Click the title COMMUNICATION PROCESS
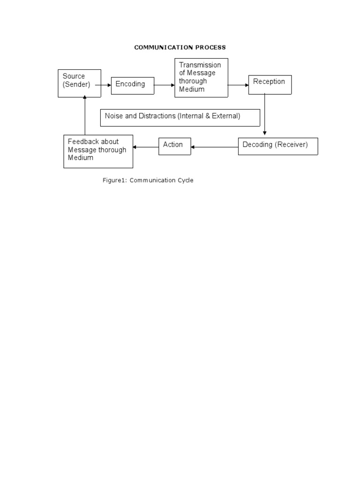pos(180,47)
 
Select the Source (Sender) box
pos(80,83)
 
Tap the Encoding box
pos(133,86)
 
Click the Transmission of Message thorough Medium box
pos(202,78)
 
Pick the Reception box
pos(270,85)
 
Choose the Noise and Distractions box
pos(180,118)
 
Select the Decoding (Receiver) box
pos(278,146)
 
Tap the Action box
pos(175,146)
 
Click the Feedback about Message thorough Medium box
pos(98,151)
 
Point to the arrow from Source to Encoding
pos(103,85)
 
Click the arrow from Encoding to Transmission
pos(165,85)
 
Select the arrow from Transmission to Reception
pos(238,85)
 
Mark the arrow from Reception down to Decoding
pos(265,114)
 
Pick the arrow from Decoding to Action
pos(215,147)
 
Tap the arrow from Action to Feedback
pos(146,147)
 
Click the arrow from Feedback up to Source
pos(85,115)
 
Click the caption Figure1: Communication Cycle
pos(148,180)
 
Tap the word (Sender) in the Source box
pos(76,84)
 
